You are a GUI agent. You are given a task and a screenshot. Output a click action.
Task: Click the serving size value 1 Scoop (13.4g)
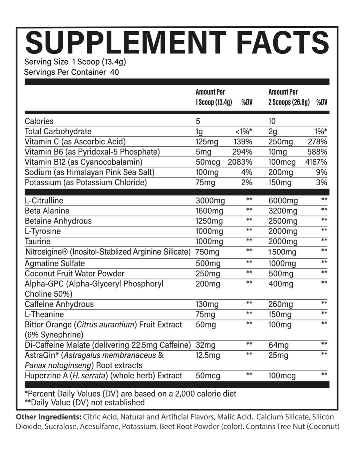[x=99, y=62]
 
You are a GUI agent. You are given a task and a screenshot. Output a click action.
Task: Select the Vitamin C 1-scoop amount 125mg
[x=207, y=142]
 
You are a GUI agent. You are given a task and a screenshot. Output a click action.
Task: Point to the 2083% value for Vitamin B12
[x=240, y=162]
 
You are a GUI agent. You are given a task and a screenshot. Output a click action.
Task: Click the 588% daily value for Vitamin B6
[x=318, y=152]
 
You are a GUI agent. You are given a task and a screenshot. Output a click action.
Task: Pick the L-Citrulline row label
[x=44, y=201]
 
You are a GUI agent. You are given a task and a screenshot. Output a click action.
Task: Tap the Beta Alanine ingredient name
[x=47, y=211]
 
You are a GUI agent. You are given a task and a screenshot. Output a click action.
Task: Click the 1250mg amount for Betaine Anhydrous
[x=209, y=221]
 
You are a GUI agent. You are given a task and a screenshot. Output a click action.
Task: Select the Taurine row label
[x=38, y=241]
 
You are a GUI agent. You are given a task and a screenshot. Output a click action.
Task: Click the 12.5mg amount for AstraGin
[x=208, y=356]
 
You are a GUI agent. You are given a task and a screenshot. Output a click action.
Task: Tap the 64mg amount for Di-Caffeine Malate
[x=278, y=345]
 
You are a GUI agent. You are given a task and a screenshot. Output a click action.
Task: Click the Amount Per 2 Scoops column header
[x=289, y=97]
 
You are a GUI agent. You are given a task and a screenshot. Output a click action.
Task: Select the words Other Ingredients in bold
[x=49, y=417]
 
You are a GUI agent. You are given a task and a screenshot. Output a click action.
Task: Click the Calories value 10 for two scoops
[x=272, y=121]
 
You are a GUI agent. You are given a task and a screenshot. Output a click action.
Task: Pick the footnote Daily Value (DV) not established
[x=85, y=403]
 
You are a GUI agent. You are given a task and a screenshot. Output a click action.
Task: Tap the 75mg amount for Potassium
[x=205, y=183]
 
